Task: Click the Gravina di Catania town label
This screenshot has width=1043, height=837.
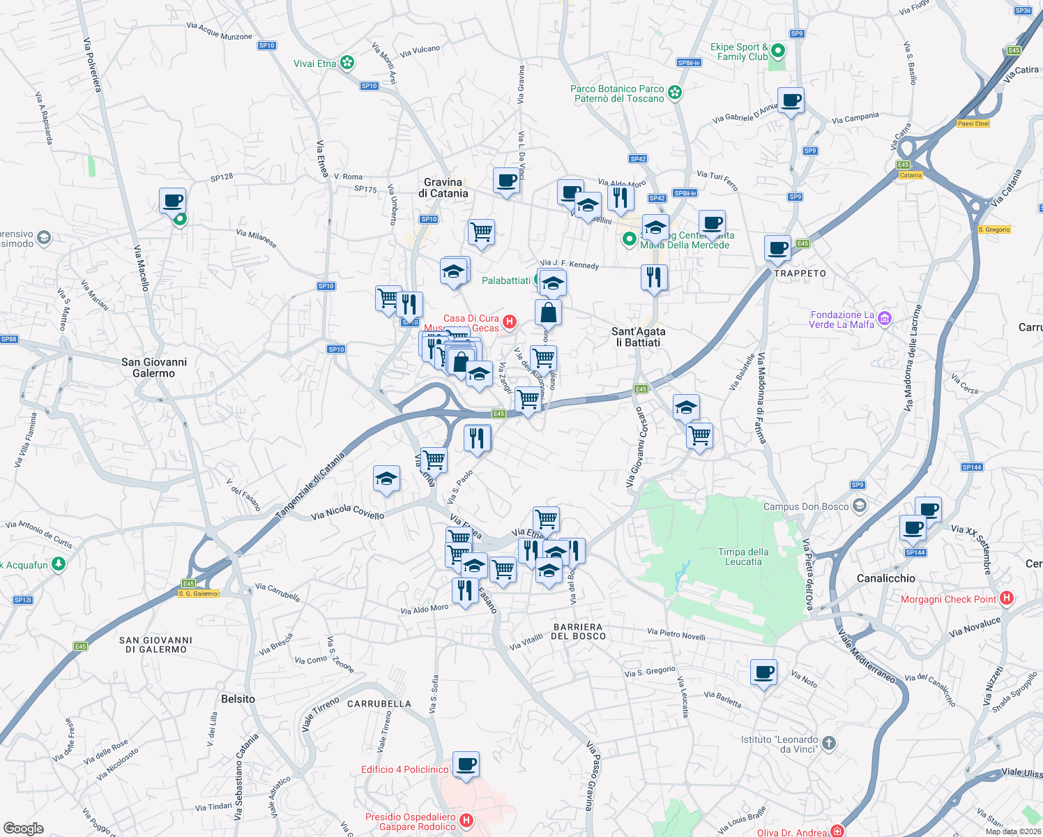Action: click(x=443, y=188)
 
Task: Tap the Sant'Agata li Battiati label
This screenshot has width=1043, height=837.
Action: click(x=638, y=337)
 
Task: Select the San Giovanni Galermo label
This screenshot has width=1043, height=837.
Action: click(x=154, y=368)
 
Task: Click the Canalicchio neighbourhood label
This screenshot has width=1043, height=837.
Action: click(x=885, y=578)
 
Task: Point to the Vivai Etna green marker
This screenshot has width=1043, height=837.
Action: click(x=347, y=63)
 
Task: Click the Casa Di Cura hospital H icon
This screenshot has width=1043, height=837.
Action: click(x=510, y=322)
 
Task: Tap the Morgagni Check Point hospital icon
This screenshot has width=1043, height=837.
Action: click(x=1006, y=598)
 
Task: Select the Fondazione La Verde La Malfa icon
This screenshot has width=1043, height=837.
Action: click(x=884, y=319)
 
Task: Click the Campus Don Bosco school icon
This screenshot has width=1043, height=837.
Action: click(x=860, y=506)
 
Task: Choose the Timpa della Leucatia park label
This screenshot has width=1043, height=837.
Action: click(x=743, y=557)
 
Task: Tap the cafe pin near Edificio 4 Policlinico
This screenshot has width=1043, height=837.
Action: click(x=466, y=764)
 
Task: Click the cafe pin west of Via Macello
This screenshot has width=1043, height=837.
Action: click(x=172, y=201)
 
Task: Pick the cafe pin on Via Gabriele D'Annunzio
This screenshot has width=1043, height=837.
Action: click(x=791, y=100)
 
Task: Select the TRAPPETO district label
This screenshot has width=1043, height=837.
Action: click(x=800, y=273)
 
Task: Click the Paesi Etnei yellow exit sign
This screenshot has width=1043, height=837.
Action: click(x=973, y=123)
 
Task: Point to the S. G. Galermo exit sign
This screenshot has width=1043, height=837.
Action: click(x=199, y=594)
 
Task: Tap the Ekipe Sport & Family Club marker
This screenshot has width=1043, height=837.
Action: click(x=778, y=51)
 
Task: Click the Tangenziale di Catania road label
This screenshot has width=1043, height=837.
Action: click(x=311, y=486)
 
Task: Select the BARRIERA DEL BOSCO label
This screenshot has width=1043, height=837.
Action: click(x=578, y=631)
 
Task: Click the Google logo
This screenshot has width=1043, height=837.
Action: click(x=24, y=829)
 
